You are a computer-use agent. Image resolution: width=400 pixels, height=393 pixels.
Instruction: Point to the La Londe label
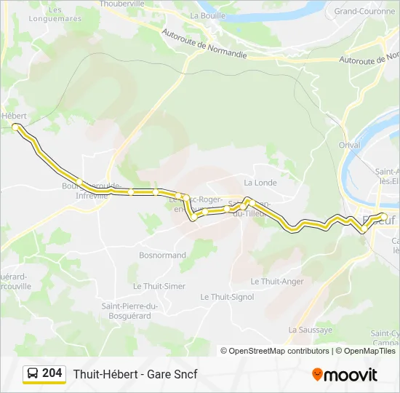coord(260,183)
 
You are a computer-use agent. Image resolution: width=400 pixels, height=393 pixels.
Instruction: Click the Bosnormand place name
coord(162,255)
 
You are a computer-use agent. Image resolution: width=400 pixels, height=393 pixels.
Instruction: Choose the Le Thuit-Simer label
coord(159,286)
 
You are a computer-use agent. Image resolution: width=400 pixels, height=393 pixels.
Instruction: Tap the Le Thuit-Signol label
coord(227,297)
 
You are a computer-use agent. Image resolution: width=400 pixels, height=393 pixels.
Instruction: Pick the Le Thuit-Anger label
coord(277,281)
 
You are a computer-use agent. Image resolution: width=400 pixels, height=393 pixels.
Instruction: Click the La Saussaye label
coord(310,330)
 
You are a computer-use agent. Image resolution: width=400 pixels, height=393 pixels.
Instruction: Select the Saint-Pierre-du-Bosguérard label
coord(127,311)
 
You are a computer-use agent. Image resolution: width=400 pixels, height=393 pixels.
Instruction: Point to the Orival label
coord(349,145)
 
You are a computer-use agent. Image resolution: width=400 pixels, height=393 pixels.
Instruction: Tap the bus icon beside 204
coord(33,374)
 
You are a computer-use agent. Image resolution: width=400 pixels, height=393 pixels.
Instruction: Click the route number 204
coord(52,373)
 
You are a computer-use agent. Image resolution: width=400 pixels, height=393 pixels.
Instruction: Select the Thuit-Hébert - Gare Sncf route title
coord(135,374)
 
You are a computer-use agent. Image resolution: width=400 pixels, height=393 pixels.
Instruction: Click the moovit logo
coord(345,374)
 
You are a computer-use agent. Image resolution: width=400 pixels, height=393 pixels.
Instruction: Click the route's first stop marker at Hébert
coord(16,127)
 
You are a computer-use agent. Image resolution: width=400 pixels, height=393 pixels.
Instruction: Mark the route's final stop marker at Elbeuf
coord(383,215)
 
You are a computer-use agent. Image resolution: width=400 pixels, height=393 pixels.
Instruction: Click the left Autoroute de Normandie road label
coord(204,44)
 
